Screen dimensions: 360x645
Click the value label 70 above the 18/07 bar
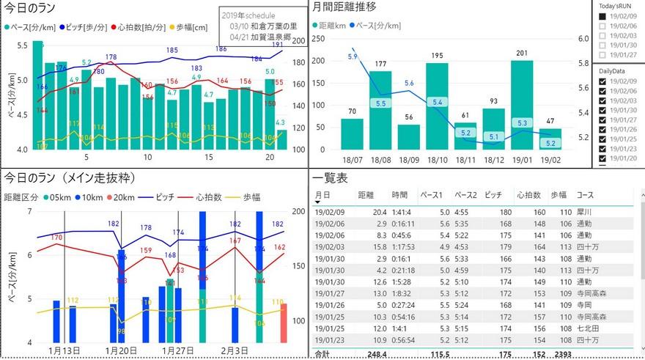[x=352, y=111]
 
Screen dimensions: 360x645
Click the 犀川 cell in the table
[x=584, y=212]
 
